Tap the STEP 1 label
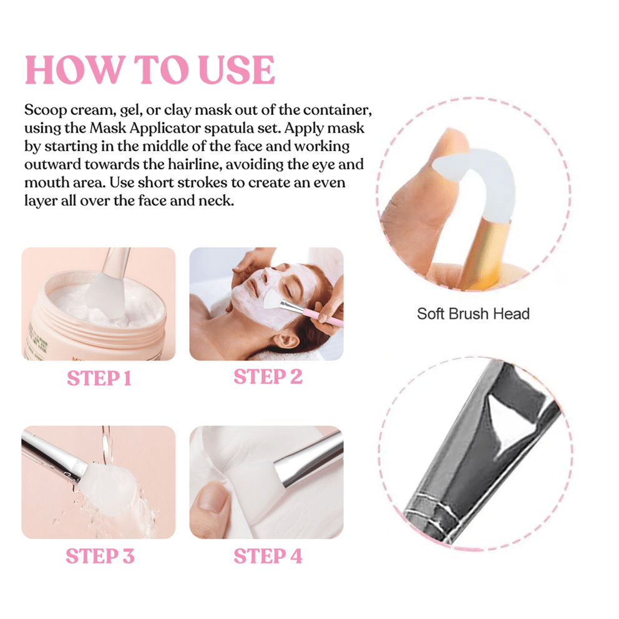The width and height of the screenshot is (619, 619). point(99,378)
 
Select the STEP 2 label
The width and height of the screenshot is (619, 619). point(268,377)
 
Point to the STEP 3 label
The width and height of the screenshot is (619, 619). point(100,556)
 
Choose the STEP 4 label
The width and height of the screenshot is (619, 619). point(268,556)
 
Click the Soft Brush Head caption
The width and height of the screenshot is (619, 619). point(473,313)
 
